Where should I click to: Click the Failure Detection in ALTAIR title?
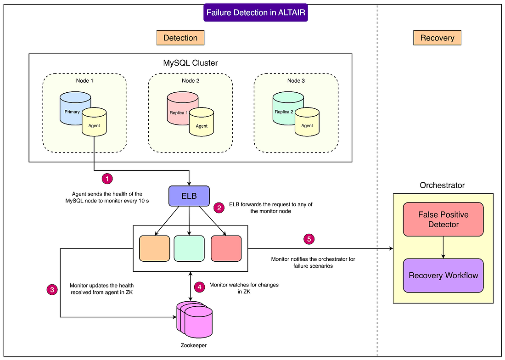pyautogui.click(x=256, y=12)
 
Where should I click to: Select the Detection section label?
pyautogui.click(x=180, y=38)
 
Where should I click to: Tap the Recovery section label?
pyautogui.click(x=437, y=38)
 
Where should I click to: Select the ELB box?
pyautogui.click(x=189, y=196)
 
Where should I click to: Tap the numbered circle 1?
pyautogui.click(x=107, y=178)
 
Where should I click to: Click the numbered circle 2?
pyautogui.click(x=219, y=208)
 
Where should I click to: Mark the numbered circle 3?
pyautogui.click(x=52, y=289)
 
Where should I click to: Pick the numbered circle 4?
pyautogui.click(x=199, y=287)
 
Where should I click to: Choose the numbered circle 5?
pyautogui.click(x=309, y=239)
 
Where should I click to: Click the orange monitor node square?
pyautogui.click(x=154, y=248)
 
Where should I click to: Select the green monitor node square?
pyautogui.click(x=189, y=248)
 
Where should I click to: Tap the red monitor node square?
pyautogui.click(x=226, y=248)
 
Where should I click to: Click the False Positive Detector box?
pyautogui.click(x=443, y=219)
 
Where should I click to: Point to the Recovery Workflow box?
pyautogui.click(x=443, y=276)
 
